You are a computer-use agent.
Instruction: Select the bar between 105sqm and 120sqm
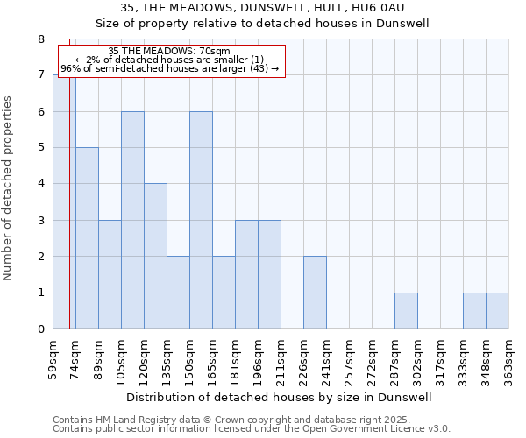(132, 220)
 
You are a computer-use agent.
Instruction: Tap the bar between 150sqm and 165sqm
(201, 220)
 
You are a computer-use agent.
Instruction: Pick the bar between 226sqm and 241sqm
(315, 293)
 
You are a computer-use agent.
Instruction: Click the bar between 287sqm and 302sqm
(406, 311)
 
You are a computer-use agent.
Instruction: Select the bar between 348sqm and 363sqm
(497, 311)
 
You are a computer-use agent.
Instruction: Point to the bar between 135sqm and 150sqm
(178, 293)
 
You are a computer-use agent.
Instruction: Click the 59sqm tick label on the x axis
(53, 358)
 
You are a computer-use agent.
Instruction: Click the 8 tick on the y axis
(40, 39)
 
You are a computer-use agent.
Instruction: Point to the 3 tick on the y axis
(40, 221)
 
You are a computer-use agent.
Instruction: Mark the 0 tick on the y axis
(40, 329)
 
